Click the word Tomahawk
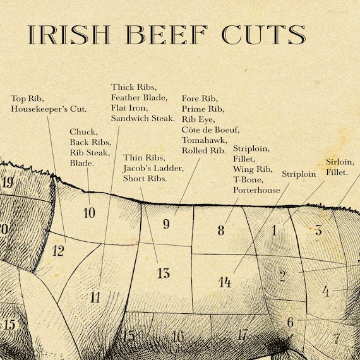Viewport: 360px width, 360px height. pos(203,140)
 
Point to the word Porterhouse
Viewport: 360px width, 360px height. pos(256,189)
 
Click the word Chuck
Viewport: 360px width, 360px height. pos(83,131)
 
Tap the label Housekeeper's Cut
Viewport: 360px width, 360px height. pos(49,109)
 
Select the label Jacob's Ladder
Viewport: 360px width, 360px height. pos(153,167)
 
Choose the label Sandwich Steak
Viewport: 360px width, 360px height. pos(143,117)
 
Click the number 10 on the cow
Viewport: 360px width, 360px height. pos(89,213)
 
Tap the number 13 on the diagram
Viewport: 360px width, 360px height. pos(163,273)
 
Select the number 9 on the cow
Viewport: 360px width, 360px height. pos(166,224)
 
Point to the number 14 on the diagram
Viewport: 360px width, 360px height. pos(225,282)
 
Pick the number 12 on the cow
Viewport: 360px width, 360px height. pos(58,251)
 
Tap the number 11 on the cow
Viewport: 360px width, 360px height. pos(95,297)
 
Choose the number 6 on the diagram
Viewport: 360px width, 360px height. pos(290,323)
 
